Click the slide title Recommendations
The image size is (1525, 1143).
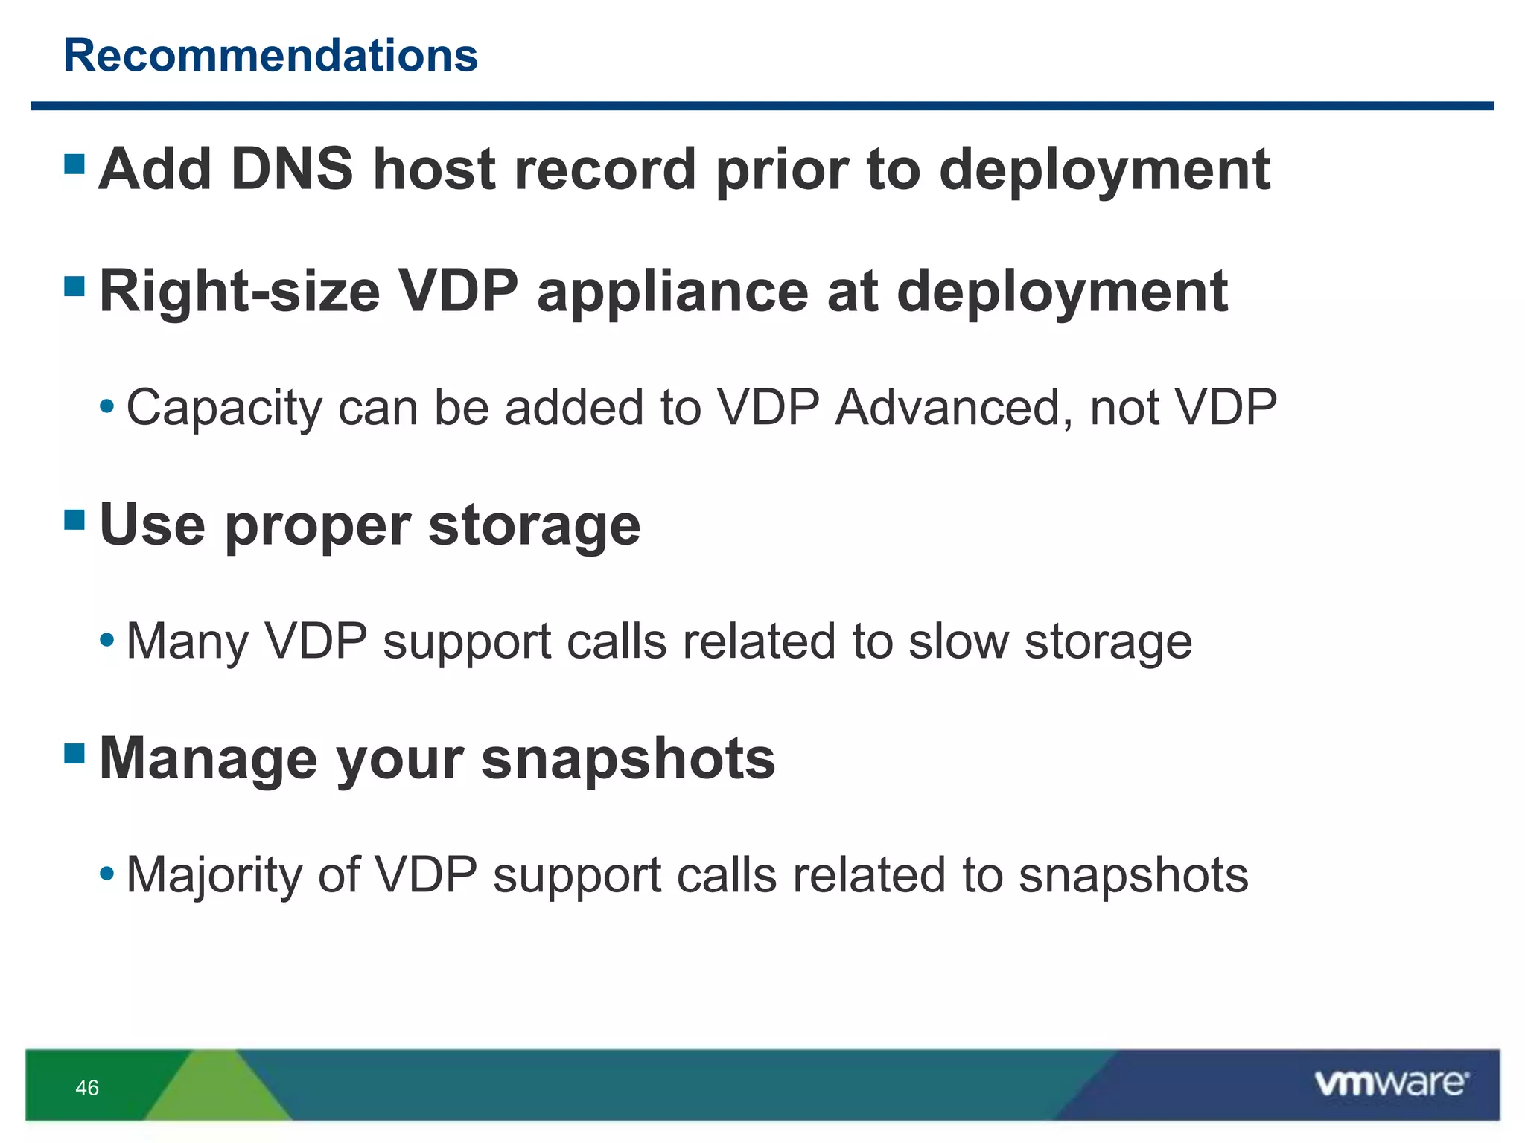pos(270,56)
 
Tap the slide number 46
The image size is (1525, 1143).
pos(87,1088)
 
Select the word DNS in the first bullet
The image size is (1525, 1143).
pos(291,170)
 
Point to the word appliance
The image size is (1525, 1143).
pos(672,292)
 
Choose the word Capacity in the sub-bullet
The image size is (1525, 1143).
pos(223,409)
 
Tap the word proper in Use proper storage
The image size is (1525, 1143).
pos(317,525)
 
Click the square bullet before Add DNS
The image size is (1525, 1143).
pos(74,164)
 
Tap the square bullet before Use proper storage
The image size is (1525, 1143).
pos(74,519)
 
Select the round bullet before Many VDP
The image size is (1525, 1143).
pos(107,639)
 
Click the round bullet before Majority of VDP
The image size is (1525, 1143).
pos(107,872)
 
